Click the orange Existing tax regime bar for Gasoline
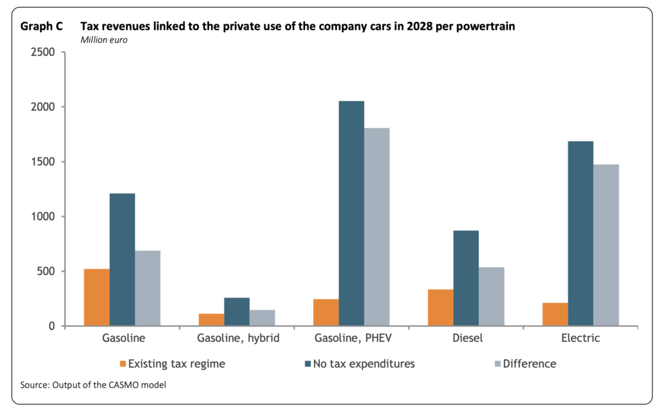point(97,297)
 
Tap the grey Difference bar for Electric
point(606,245)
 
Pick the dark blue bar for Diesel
point(466,278)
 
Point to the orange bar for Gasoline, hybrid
point(211,320)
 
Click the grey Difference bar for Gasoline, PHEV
point(377,227)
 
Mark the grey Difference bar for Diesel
point(492,297)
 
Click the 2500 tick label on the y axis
point(43,52)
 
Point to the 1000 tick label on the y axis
point(43,216)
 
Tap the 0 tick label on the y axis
point(51,326)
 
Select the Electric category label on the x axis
point(580,338)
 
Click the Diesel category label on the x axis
point(466,338)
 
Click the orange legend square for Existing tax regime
point(123,364)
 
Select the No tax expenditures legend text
point(364,364)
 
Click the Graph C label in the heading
point(41,27)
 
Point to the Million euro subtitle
point(104,40)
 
